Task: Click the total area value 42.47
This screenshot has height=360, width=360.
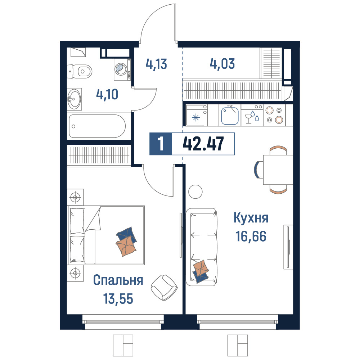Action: (203, 144)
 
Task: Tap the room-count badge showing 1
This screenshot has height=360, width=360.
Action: (161, 144)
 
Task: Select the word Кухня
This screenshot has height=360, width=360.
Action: (251, 218)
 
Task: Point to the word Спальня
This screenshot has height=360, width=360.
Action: (118, 280)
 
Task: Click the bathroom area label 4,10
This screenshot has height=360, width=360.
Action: (107, 94)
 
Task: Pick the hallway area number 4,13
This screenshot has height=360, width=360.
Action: (156, 64)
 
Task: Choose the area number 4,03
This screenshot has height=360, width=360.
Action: (222, 64)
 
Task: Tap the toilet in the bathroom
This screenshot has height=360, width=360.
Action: (80, 71)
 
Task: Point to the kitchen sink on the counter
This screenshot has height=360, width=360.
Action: (230, 116)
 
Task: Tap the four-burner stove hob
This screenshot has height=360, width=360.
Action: (274, 115)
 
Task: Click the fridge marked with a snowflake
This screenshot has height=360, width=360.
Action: (197, 115)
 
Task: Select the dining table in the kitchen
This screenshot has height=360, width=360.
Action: (278, 170)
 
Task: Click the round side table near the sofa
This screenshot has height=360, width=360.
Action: (195, 192)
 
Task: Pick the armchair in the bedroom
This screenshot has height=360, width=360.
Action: (164, 287)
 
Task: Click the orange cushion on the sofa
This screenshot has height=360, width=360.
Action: (201, 267)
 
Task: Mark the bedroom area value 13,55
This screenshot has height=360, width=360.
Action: (118, 299)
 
